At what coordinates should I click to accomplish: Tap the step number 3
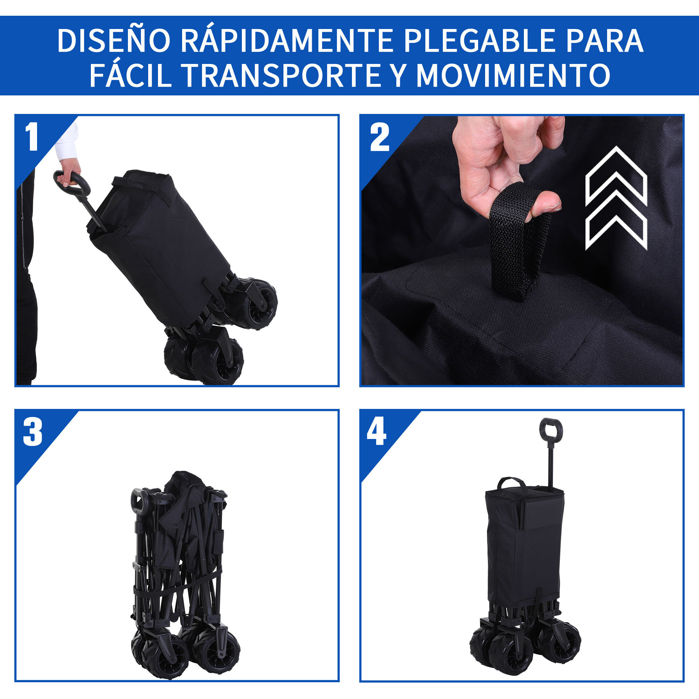(x=33, y=432)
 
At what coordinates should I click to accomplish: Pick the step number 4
(x=376, y=432)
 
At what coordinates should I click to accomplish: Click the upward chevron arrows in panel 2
(x=616, y=198)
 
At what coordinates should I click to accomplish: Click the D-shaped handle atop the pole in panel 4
(x=551, y=429)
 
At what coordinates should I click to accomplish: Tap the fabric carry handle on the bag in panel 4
(x=511, y=483)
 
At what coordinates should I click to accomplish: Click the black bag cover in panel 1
(x=159, y=246)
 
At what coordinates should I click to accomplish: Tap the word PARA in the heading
(x=605, y=41)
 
